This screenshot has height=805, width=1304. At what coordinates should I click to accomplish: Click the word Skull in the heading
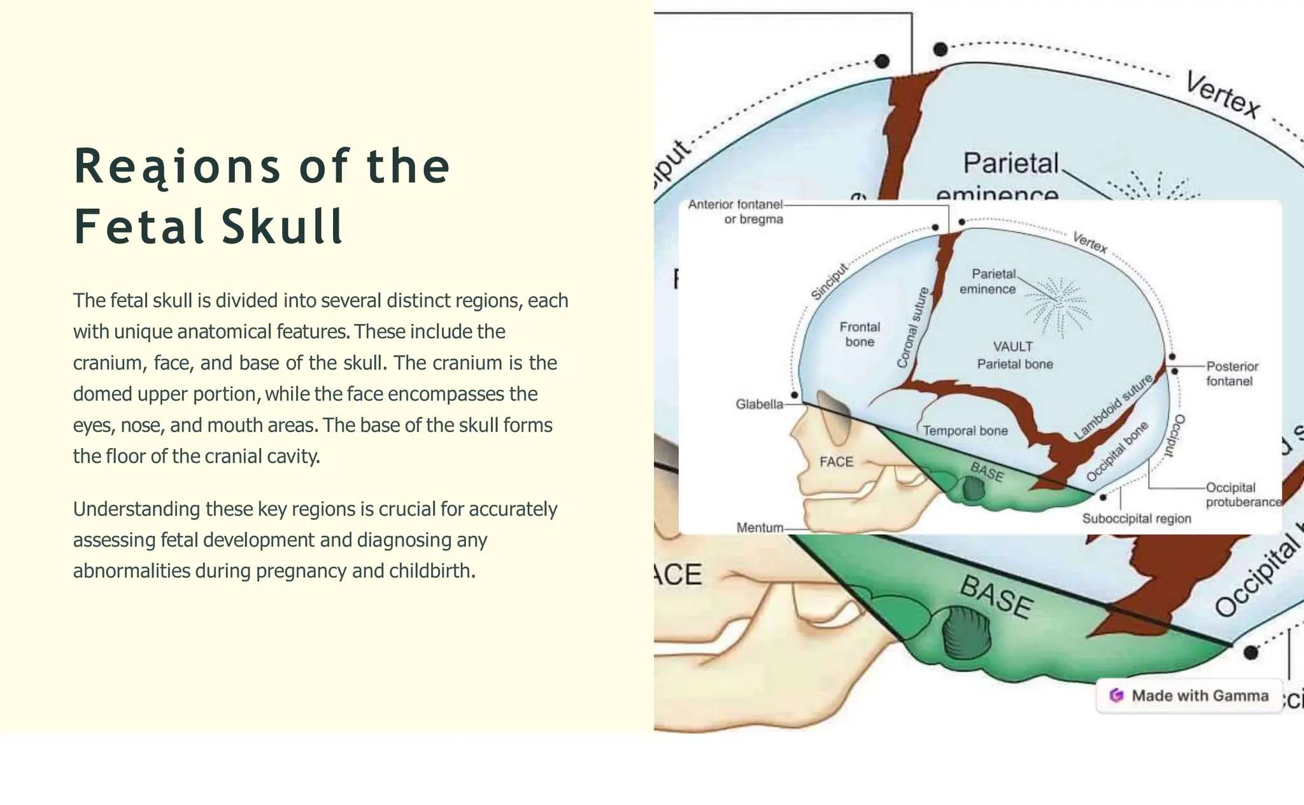[x=283, y=227]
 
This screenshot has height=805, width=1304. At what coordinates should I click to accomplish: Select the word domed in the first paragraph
[x=102, y=394]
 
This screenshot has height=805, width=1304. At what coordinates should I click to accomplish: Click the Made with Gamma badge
[x=1189, y=696]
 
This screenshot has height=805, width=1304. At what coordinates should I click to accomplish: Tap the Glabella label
[x=759, y=404]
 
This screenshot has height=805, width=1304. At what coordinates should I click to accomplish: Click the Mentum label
[x=760, y=528]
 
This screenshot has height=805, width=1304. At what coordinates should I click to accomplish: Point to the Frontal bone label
[x=860, y=334]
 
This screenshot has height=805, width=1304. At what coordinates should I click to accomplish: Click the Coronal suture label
[x=912, y=328]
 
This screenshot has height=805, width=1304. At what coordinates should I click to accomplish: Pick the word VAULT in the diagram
[x=1012, y=347]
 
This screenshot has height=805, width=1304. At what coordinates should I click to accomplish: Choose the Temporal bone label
[x=965, y=431]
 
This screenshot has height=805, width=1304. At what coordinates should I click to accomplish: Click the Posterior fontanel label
[x=1231, y=374]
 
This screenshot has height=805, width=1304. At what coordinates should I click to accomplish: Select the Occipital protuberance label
[x=1242, y=494]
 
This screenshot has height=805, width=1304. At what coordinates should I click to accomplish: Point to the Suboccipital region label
[x=1137, y=519]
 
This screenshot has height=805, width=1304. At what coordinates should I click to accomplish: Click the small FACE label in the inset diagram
[x=836, y=462]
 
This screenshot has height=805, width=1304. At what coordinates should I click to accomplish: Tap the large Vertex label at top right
[x=1222, y=95]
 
